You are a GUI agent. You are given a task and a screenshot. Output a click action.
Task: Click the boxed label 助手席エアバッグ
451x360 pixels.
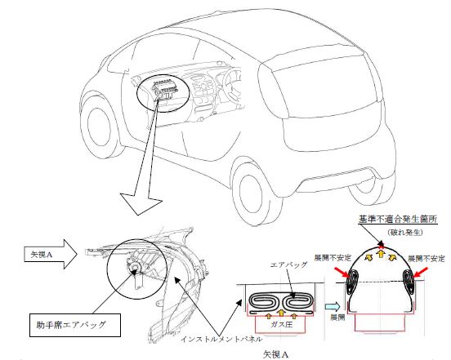point(75,325)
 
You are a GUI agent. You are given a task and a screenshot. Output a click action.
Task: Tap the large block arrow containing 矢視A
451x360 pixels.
point(51,255)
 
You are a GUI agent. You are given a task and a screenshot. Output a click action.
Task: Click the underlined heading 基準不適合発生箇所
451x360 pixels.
point(398,220)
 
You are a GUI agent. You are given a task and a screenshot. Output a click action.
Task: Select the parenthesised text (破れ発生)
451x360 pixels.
point(405,233)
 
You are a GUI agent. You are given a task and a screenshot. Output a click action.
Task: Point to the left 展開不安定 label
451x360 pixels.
point(333,258)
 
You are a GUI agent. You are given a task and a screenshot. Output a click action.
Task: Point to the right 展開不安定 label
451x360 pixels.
point(426,258)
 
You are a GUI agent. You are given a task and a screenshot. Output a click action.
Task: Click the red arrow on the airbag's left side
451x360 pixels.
point(342,273)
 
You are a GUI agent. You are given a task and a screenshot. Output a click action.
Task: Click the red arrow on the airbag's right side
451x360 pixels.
point(421,273)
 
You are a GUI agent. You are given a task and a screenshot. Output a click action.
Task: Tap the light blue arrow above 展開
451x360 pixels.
point(333,307)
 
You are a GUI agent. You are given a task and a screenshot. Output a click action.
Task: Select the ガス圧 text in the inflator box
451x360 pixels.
point(281,325)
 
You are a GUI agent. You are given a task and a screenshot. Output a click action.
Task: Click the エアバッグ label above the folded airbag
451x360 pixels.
point(288,264)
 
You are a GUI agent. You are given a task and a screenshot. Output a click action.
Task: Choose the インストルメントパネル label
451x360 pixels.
point(221,339)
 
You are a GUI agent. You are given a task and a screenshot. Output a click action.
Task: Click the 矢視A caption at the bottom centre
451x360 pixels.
point(276,354)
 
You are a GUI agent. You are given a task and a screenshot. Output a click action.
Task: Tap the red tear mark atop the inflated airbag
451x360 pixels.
point(382,246)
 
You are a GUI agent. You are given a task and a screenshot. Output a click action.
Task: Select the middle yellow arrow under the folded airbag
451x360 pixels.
point(281,313)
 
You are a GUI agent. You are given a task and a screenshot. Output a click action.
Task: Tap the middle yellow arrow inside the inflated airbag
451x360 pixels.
point(381,254)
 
